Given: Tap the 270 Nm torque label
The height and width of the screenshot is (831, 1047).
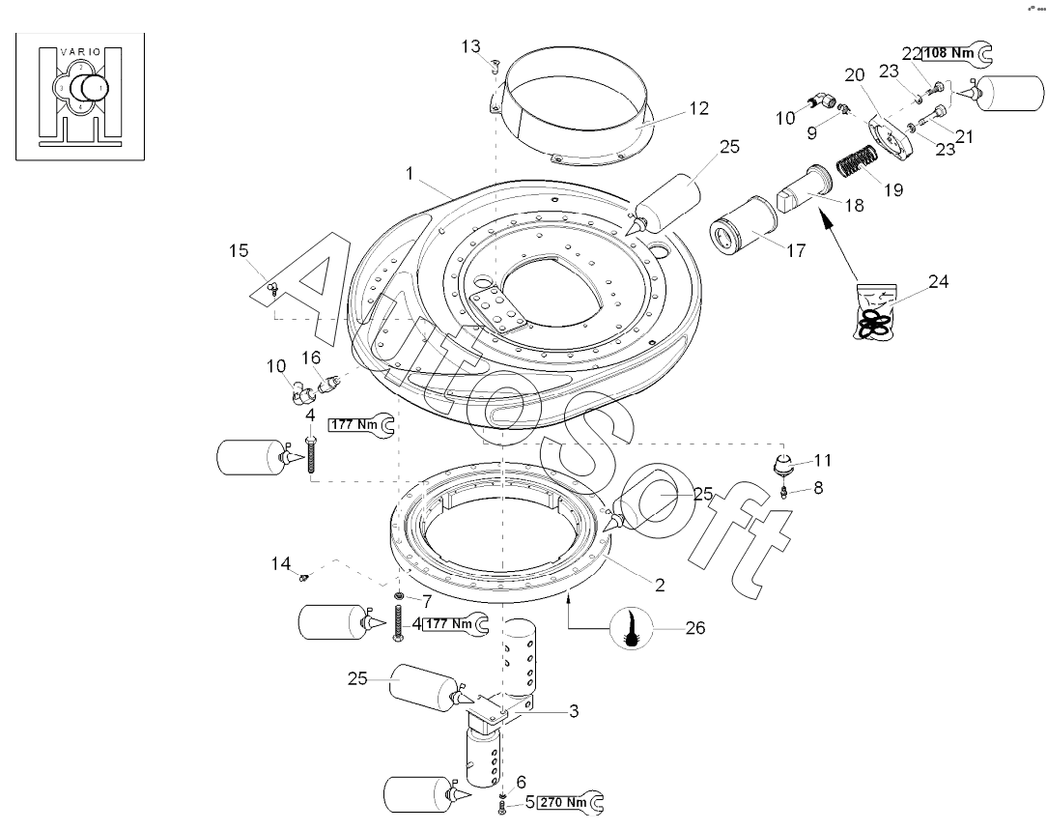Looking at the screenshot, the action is point(563,802).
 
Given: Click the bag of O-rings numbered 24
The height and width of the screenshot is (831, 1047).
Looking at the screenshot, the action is point(875,311).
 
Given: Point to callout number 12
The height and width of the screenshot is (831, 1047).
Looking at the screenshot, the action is point(698,108).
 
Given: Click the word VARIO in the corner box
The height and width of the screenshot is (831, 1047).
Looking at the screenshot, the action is point(80,51).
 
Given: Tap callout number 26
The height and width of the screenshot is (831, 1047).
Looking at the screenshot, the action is point(695,628).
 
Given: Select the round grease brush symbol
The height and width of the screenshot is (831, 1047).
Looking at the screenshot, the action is point(631,629).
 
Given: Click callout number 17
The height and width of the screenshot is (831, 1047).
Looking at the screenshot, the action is point(796,250).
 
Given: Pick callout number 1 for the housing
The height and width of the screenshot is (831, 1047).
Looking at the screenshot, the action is point(410,174).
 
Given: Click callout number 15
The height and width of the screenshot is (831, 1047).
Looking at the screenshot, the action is point(239,250).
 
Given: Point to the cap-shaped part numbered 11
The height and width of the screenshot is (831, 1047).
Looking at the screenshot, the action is point(784,463).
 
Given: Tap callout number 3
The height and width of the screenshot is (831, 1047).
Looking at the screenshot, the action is point(574,711).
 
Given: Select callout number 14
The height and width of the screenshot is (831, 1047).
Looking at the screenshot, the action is point(280,563).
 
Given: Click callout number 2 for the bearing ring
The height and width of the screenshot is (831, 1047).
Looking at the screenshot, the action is point(660,586).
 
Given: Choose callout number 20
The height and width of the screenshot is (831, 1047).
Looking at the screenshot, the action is point(855,74).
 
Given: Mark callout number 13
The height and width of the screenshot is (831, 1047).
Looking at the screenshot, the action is point(470,46).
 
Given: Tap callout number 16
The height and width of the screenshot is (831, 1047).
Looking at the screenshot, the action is point(311,358).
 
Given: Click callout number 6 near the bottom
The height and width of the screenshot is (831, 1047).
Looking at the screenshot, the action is point(522,782).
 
